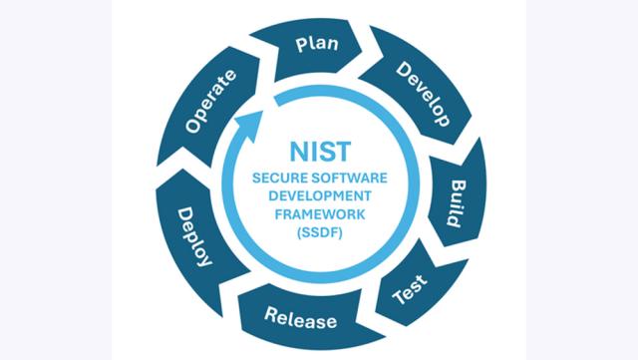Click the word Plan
[x=317, y=44]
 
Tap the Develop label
[x=424, y=94]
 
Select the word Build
[x=457, y=203]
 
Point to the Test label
[x=410, y=289]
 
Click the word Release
[x=301, y=318]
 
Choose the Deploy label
[x=194, y=236]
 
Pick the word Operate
[x=210, y=102]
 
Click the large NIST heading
[x=320, y=152]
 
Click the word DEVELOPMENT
[x=320, y=195]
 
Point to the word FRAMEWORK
[x=320, y=214]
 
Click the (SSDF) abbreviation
[x=320, y=232]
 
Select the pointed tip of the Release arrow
[x=385, y=337]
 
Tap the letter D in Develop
[x=403, y=69]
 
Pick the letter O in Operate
[x=192, y=127]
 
